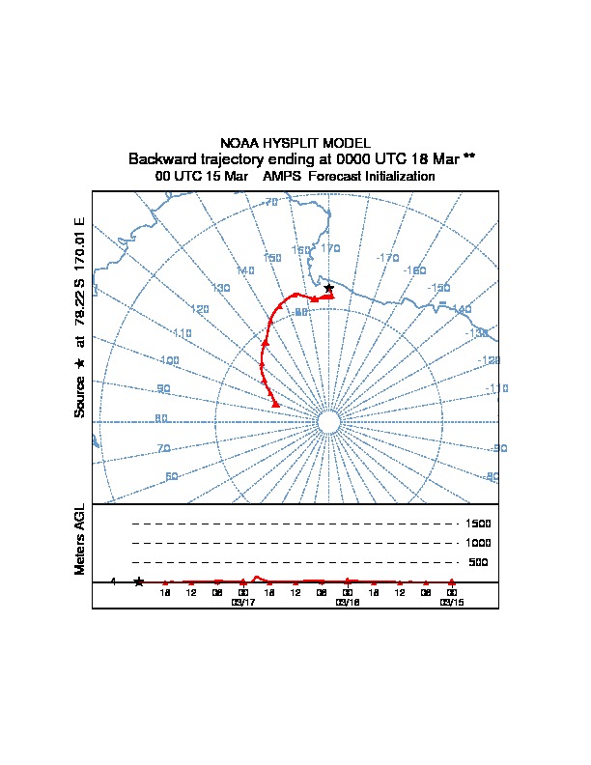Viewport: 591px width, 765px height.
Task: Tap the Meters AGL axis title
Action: click(x=80, y=539)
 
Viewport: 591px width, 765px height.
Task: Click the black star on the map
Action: click(x=329, y=288)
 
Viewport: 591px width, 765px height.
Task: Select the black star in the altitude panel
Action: click(x=139, y=581)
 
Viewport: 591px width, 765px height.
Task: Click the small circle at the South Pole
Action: click(x=327, y=422)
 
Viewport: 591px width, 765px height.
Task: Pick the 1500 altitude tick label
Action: click(x=479, y=524)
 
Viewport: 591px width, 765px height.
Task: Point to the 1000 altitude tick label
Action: click(x=479, y=543)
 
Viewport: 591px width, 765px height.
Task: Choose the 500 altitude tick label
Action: click(x=478, y=562)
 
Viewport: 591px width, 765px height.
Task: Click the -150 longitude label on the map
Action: click(x=439, y=288)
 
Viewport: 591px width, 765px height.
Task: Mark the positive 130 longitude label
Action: click(x=221, y=288)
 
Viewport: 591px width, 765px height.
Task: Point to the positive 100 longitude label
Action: click(x=170, y=360)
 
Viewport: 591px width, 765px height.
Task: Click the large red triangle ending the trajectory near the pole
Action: click(x=275, y=403)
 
